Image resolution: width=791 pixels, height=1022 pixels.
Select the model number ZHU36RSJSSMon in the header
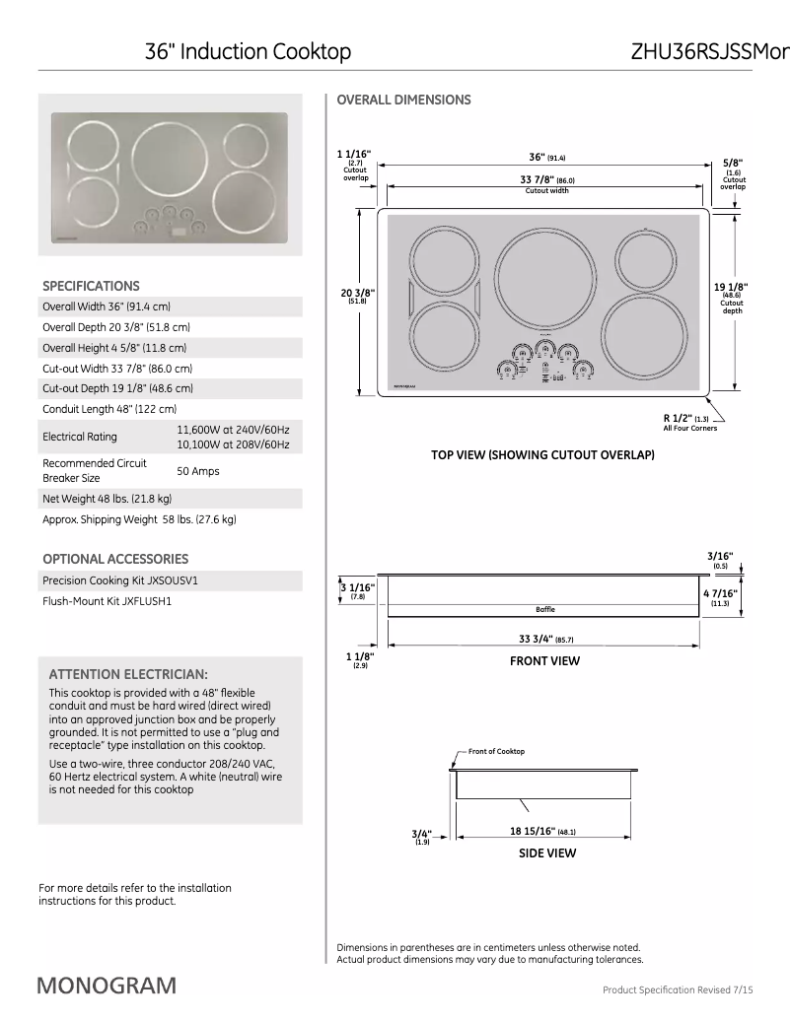click(x=710, y=51)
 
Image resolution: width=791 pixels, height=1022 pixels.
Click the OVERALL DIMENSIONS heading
click(x=403, y=100)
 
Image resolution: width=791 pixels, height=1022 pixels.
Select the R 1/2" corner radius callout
click(x=682, y=419)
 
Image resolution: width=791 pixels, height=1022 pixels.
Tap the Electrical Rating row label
click(x=79, y=437)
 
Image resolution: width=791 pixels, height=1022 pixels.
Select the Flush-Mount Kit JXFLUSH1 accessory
click(x=107, y=600)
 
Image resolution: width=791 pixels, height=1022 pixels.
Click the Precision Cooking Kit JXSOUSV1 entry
click(x=112, y=579)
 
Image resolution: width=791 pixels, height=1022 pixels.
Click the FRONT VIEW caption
click(x=544, y=661)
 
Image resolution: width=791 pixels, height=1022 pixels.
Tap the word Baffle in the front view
click(x=545, y=609)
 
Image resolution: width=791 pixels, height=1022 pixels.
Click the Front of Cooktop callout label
click(x=496, y=752)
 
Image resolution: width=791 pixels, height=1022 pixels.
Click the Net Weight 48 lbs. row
click(x=107, y=499)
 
